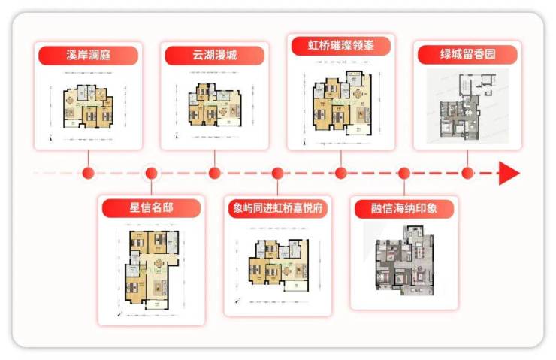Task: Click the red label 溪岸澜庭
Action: click(x=89, y=56)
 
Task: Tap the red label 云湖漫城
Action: click(x=215, y=56)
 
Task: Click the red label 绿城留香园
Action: click(x=467, y=54)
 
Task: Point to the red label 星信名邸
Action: click(x=152, y=207)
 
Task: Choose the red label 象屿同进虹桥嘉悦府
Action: click(x=278, y=209)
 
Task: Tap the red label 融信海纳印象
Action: click(x=404, y=208)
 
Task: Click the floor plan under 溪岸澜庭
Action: click(x=88, y=107)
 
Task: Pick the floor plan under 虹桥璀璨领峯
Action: click(x=341, y=101)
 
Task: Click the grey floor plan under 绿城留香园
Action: click(x=467, y=106)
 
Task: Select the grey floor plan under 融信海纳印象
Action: click(x=404, y=263)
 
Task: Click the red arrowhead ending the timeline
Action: click(x=509, y=174)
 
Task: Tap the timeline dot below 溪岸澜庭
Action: click(x=89, y=174)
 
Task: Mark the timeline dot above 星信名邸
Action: click(x=152, y=174)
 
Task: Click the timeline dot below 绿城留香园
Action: click(x=467, y=174)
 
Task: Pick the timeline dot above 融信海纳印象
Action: click(x=404, y=174)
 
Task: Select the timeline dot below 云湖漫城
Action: click(x=215, y=174)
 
